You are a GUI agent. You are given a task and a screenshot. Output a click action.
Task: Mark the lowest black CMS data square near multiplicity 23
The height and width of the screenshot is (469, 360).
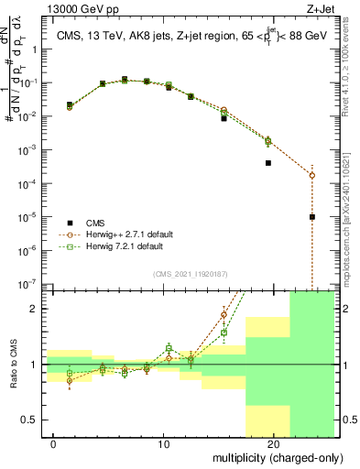point(312,217)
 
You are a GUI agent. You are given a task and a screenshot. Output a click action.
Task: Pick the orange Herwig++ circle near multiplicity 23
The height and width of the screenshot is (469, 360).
point(312,175)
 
